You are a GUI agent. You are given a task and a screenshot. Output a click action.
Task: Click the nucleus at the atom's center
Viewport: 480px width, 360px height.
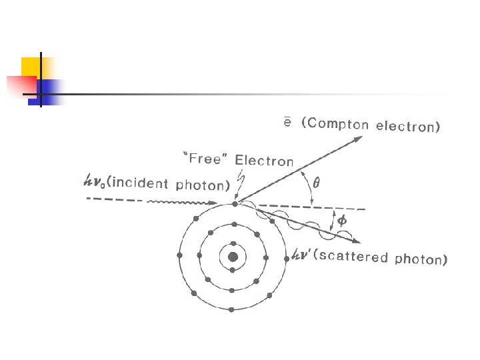pyautogui.click(x=233, y=257)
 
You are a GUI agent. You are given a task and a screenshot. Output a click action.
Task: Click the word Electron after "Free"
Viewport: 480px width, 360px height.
pyautogui.click(x=263, y=161)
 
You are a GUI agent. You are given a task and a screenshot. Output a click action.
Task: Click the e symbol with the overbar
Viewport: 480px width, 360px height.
pyautogui.click(x=285, y=122)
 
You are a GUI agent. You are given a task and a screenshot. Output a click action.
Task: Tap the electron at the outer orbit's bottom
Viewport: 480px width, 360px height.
pyautogui.click(x=231, y=309)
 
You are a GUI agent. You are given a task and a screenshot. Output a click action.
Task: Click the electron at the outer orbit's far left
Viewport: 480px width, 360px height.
pyautogui.click(x=179, y=255)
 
